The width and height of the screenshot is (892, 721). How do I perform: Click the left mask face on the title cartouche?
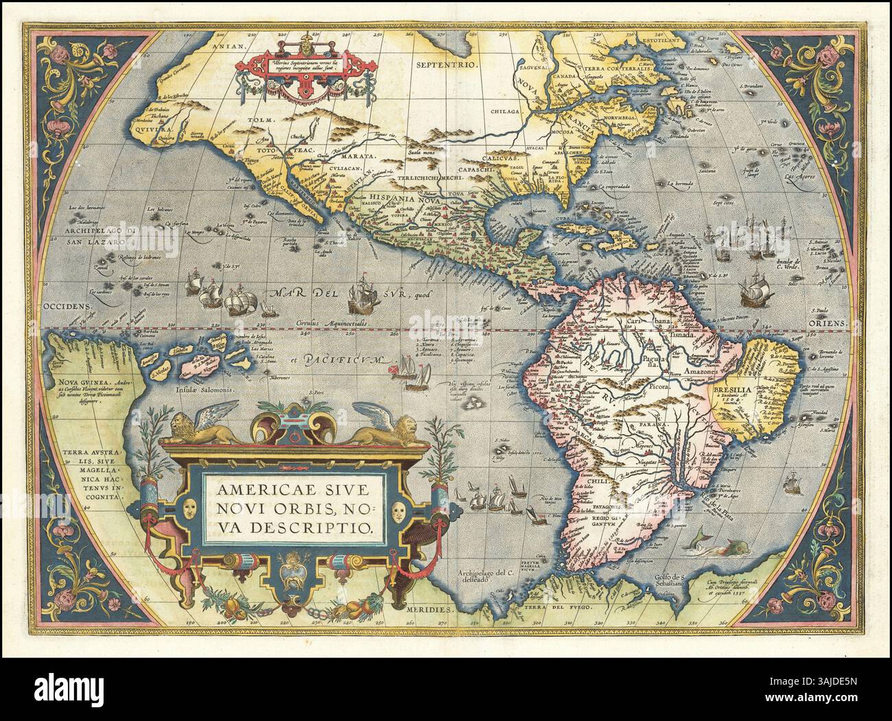tap(188, 508)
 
